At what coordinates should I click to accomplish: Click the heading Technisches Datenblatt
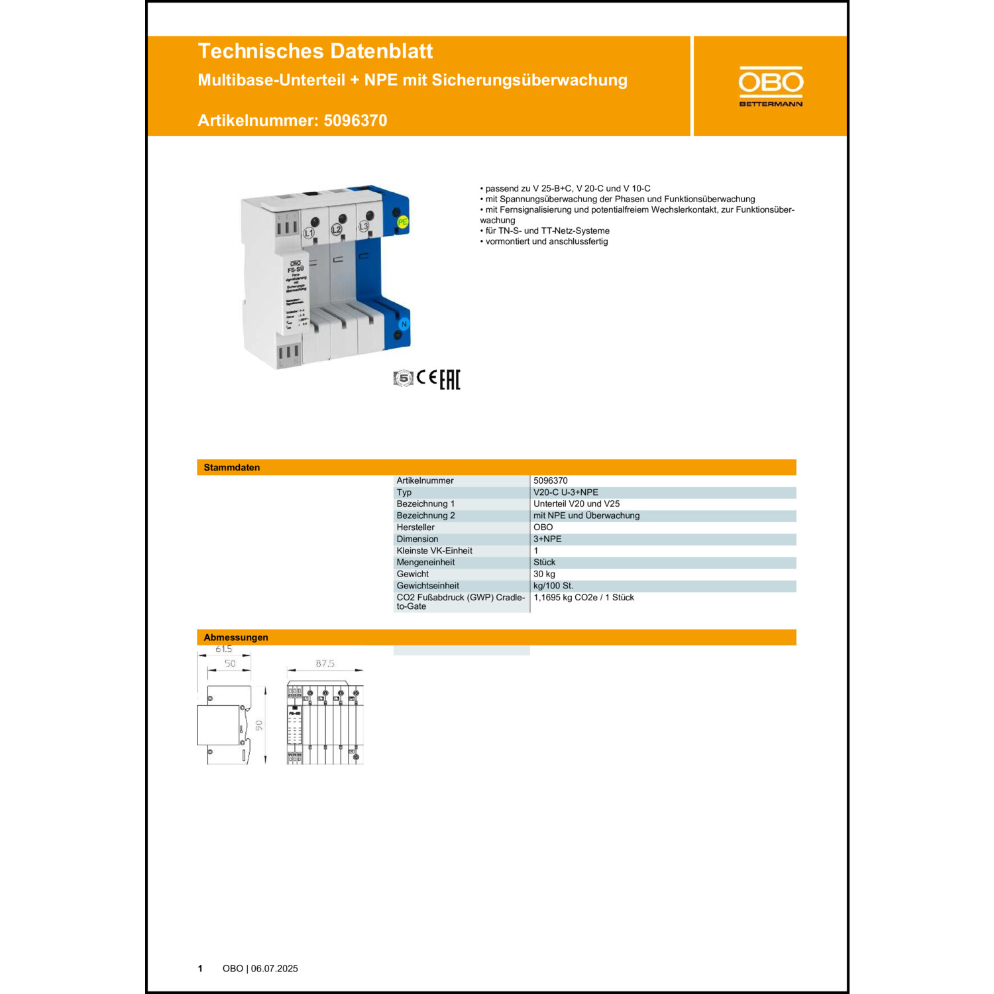pos(315,51)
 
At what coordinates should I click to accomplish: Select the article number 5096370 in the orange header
pos(355,121)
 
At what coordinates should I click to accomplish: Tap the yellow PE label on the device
pos(402,223)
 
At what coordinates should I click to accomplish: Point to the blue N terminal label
pos(404,324)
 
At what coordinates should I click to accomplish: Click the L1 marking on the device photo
pos(309,233)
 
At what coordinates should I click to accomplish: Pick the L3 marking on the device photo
pos(363,227)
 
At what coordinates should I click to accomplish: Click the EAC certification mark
pos(450,379)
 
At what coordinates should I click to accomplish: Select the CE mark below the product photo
pos(427,378)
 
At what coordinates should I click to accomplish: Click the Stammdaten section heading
pos(232,467)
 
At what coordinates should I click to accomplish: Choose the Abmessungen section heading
pos(236,637)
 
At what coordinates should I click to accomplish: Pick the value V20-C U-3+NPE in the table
pos(565,492)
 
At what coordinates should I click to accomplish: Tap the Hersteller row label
pos(415,527)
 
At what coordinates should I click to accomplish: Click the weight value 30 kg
pos(544,574)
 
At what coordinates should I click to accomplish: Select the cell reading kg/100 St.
pos(553,586)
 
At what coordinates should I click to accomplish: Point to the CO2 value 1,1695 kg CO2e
pos(583,598)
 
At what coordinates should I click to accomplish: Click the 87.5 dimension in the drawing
pos(325,663)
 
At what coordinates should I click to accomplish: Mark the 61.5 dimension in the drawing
pos(223,649)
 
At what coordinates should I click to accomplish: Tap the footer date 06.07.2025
pos(274,969)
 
